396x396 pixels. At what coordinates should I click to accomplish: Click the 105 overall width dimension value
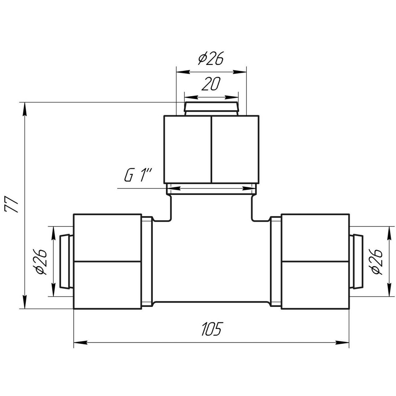(x=211, y=329)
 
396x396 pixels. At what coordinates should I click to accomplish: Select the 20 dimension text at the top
(x=211, y=84)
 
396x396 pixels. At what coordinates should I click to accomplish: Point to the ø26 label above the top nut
(x=211, y=58)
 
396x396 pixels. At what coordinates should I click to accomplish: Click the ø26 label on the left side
(x=41, y=262)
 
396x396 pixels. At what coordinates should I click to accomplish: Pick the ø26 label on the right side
(x=376, y=262)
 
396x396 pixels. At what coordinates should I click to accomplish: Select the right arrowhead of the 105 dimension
(x=342, y=343)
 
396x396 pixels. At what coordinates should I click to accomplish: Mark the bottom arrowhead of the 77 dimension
(x=25, y=301)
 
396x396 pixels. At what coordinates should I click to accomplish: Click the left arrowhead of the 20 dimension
(x=191, y=97)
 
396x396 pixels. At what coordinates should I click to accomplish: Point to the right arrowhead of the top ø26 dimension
(x=240, y=72)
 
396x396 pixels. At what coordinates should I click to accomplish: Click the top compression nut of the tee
(x=211, y=149)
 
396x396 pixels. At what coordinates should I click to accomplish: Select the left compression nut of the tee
(x=107, y=261)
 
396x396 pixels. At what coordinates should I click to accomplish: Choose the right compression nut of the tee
(x=316, y=261)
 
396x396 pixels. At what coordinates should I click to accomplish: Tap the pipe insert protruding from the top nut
(x=211, y=109)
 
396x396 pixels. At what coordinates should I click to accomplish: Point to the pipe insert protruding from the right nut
(x=357, y=261)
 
